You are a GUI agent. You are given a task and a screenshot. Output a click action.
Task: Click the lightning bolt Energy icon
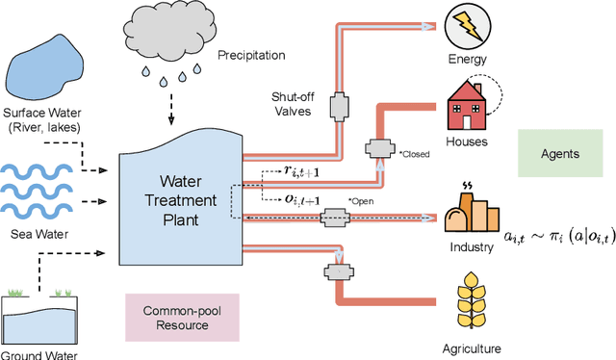click(468, 28)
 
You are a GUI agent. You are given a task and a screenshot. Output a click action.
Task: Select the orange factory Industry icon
click(468, 213)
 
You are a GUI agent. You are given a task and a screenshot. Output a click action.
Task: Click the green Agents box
click(557, 154)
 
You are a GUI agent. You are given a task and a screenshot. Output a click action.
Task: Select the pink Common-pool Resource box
click(182, 319)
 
